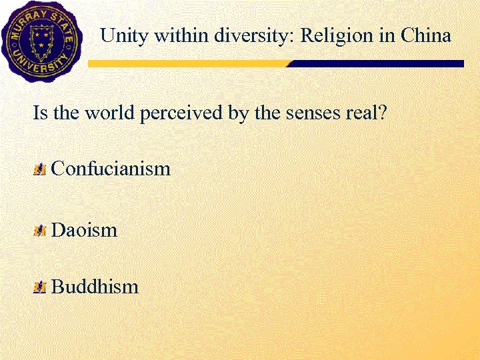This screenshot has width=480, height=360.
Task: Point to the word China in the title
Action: pyautogui.click(x=426, y=35)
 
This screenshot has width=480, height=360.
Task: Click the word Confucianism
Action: pyautogui.click(x=111, y=169)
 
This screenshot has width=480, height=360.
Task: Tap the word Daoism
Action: pyautogui.click(x=84, y=231)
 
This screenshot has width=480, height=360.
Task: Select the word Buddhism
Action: pyautogui.click(x=95, y=287)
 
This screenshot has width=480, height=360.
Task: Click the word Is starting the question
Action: pyautogui.click(x=40, y=112)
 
